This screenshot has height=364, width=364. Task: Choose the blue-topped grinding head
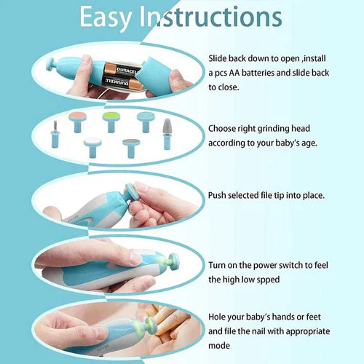[144, 120]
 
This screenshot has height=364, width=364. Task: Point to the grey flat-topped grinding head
[130, 147]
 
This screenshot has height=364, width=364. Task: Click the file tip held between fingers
[132, 194]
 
